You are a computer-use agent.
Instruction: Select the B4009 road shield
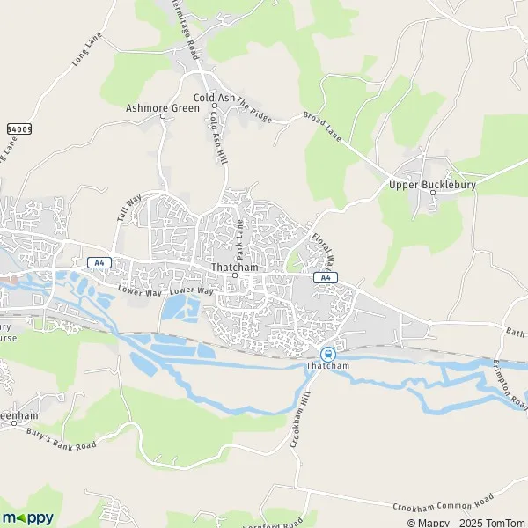tap(18, 128)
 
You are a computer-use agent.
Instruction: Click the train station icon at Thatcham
tap(330, 353)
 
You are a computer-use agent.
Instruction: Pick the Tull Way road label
tap(128, 211)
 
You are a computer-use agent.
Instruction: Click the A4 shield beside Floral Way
tap(326, 278)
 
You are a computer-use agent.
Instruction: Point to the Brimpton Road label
tap(508, 381)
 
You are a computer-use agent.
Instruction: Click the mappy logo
tap(27, 517)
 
